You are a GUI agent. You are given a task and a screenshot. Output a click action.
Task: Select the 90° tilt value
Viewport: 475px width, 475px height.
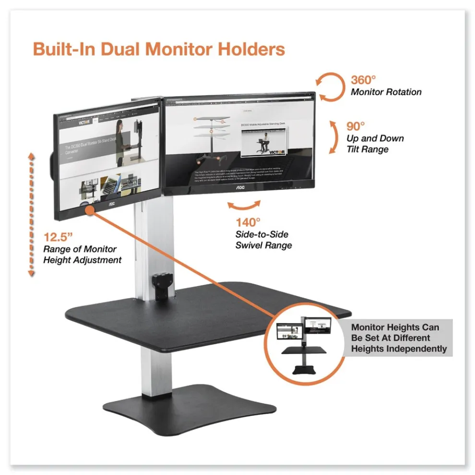point(356,127)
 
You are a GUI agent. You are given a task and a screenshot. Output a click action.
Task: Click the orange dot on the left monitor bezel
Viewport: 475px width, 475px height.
point(89,209)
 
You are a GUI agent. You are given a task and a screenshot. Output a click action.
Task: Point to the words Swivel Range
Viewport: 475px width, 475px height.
point(263,246)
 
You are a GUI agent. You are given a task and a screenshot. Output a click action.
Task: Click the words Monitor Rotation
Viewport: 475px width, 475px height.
point(386,92)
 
